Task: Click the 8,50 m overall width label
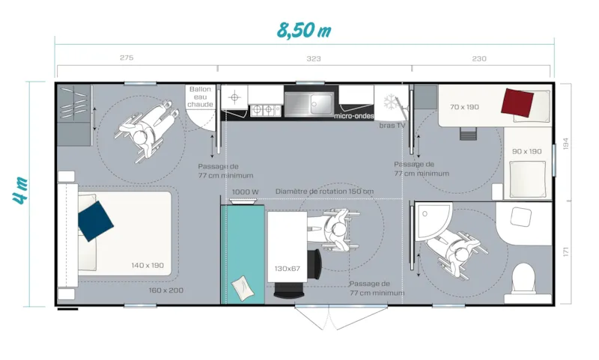pos(303,31)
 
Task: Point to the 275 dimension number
pos(127,58)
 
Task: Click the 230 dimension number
pos(479,58)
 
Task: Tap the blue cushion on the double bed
pos(96,221)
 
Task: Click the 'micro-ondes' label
pos(354,116)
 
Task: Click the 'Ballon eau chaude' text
pos(201,97)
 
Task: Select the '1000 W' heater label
pos(245,192)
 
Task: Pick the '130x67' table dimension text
pos(287,268)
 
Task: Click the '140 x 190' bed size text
pos(147,266)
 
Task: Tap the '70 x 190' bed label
pos(464,107)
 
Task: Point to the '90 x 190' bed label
pos(526,151)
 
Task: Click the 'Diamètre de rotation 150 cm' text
pos(324,192)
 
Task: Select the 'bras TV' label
pos(392,126)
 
